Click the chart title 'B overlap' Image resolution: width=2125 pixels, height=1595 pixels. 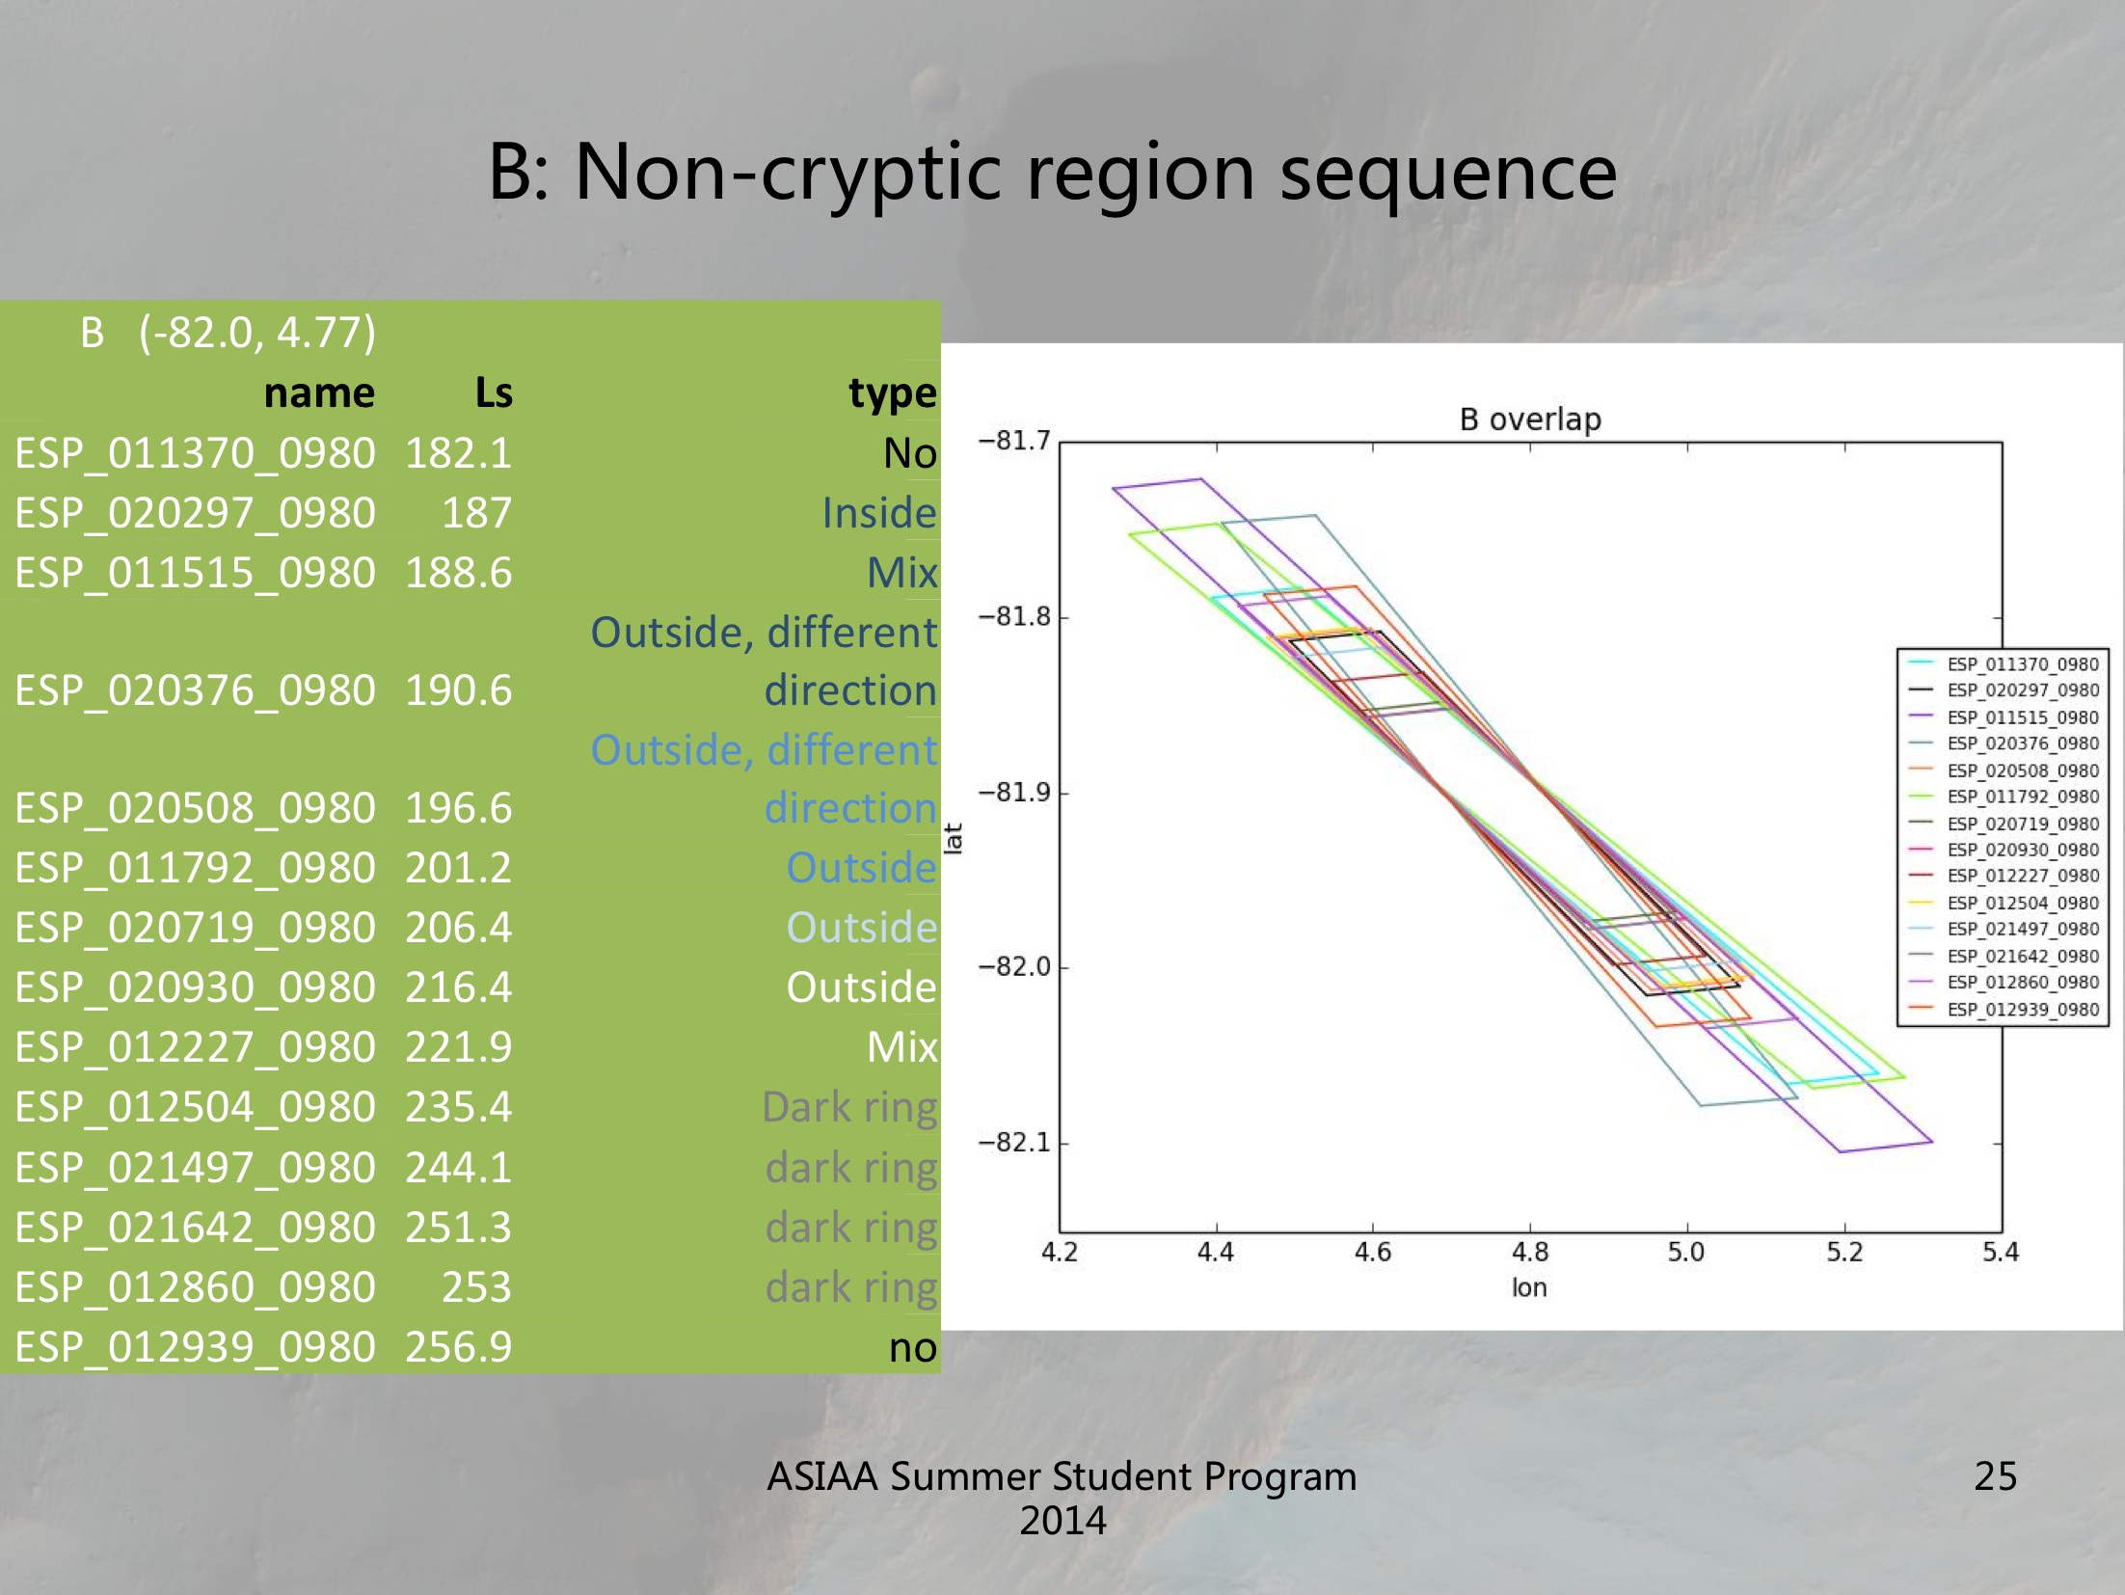(1529, 419)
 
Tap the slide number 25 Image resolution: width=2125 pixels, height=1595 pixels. (1995, 1476)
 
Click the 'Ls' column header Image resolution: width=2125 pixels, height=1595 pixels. (494, 393)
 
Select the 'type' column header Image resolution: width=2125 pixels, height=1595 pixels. (892, 393)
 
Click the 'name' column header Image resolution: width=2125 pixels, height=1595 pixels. (319, 393)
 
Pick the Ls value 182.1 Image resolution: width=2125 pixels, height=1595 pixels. (458, 453)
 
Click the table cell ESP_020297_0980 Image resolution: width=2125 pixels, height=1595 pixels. (195, 513)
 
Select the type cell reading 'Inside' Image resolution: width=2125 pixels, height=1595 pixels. (878, 513)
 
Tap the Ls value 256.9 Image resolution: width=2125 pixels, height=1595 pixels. (458, 1347)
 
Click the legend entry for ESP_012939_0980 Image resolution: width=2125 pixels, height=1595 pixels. (2022, 1010)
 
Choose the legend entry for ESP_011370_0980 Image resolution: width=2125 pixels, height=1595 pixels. (2022, 664)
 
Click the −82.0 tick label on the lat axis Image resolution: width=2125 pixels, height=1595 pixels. (1014, 967)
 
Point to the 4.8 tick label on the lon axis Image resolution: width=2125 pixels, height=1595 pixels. (1530, 1253)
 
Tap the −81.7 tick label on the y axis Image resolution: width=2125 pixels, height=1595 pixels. (1014, 442)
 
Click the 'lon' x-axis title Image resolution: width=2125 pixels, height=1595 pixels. (1529, 1288)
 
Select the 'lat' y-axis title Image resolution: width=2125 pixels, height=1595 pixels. (954, 839)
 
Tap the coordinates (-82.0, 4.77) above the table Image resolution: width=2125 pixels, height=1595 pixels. (256, 333)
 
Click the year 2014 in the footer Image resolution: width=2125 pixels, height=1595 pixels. (1062, 1521)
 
